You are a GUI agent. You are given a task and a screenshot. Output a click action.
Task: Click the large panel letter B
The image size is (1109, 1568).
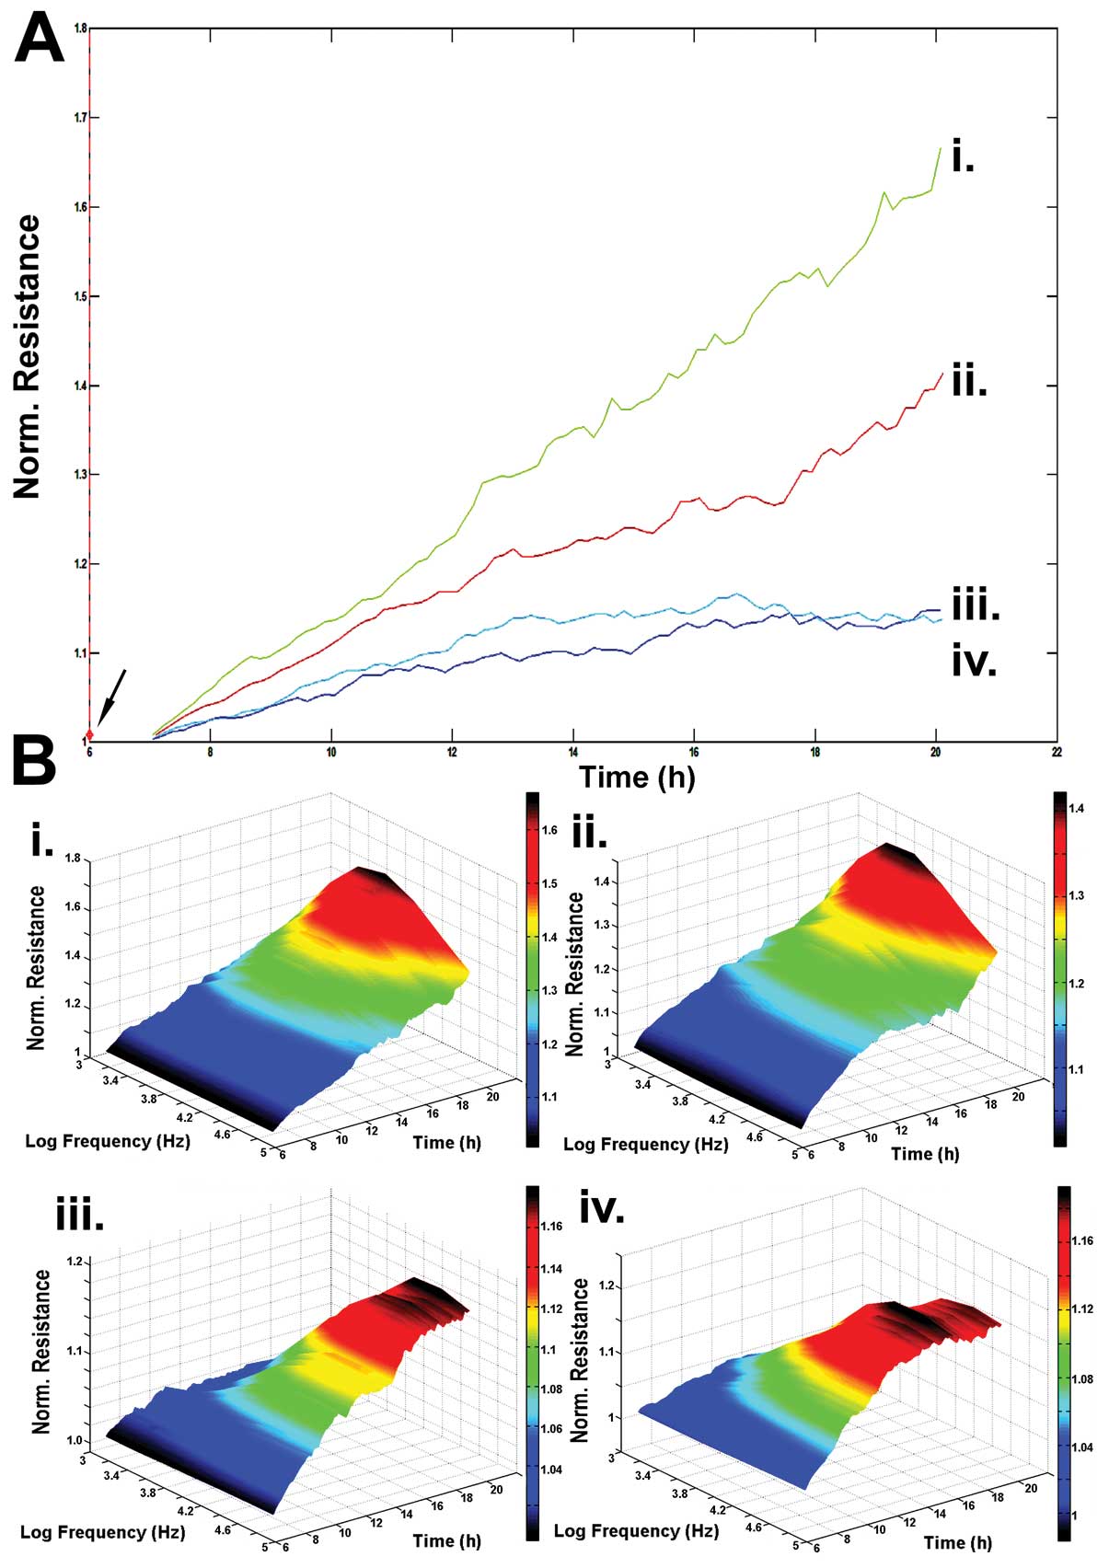click(x=35, y=762)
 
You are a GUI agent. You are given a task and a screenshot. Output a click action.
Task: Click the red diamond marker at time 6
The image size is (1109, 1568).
click(x=89, y=733)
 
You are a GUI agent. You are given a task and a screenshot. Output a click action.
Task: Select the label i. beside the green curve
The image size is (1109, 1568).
click(x=963, y=158)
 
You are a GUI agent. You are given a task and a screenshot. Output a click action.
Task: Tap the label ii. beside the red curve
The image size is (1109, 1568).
click(x=968, y=381)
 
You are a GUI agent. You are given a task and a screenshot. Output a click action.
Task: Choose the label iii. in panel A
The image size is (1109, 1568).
click(x=976, y=606)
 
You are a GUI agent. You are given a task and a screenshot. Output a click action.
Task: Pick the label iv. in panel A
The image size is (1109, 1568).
click(x=974, y=662)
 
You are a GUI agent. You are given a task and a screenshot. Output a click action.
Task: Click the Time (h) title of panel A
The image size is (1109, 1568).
click(x=637, y=778)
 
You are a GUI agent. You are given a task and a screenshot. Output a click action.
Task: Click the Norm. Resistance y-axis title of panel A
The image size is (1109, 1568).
click(x=28, y=357)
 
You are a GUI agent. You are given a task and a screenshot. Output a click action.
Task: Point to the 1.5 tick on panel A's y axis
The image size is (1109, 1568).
click(x=79, y=296)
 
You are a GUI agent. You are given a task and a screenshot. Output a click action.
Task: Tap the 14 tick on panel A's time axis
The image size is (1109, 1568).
click(x=572, y=753)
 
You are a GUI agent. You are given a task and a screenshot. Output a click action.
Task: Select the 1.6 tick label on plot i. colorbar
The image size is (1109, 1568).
click(x=549, y=830)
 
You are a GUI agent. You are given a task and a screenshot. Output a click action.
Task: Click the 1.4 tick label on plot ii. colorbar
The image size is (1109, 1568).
click(x=1076, y=809)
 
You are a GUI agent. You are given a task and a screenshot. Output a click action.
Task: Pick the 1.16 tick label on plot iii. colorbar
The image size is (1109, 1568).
click(x=552, y=1227)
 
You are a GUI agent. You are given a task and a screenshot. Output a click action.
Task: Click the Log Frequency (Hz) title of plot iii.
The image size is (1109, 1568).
click(x=102, y=1532)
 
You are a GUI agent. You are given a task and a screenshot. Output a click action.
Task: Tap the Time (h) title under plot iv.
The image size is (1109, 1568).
click(x=957, y=1541)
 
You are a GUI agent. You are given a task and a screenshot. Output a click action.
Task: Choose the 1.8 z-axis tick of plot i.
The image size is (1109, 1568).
click(x=74, y=859)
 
